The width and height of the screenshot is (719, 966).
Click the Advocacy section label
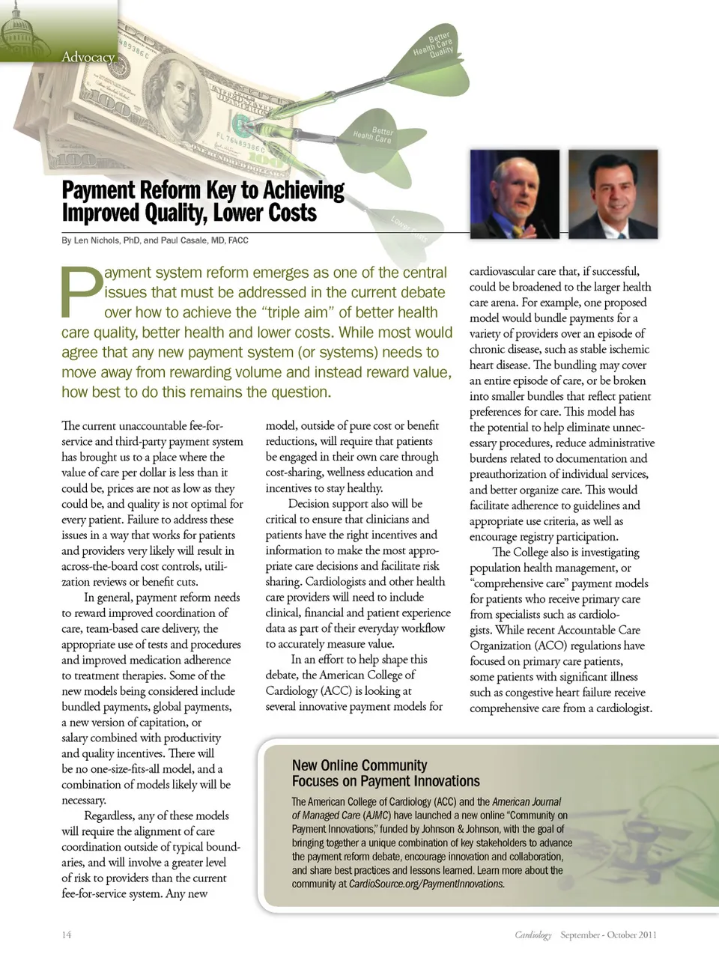(x=88, y=57)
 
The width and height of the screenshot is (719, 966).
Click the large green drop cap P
(x=81, y=291)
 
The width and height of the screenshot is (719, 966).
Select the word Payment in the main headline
(x=100, y=190)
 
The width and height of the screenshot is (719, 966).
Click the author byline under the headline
(x=155, y=240)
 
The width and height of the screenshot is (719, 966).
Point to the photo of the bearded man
(x=515, y=194)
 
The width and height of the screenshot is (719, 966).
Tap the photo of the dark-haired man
(x=613, y=194)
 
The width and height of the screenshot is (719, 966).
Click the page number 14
(x=67, y=935)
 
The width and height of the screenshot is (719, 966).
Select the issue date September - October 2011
(x=608, y=935)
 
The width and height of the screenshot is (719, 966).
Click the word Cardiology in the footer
(x=533, y=935)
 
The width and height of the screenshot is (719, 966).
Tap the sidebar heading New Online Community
(x=359, y=765)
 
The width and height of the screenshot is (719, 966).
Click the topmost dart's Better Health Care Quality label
(x=434, y=45)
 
